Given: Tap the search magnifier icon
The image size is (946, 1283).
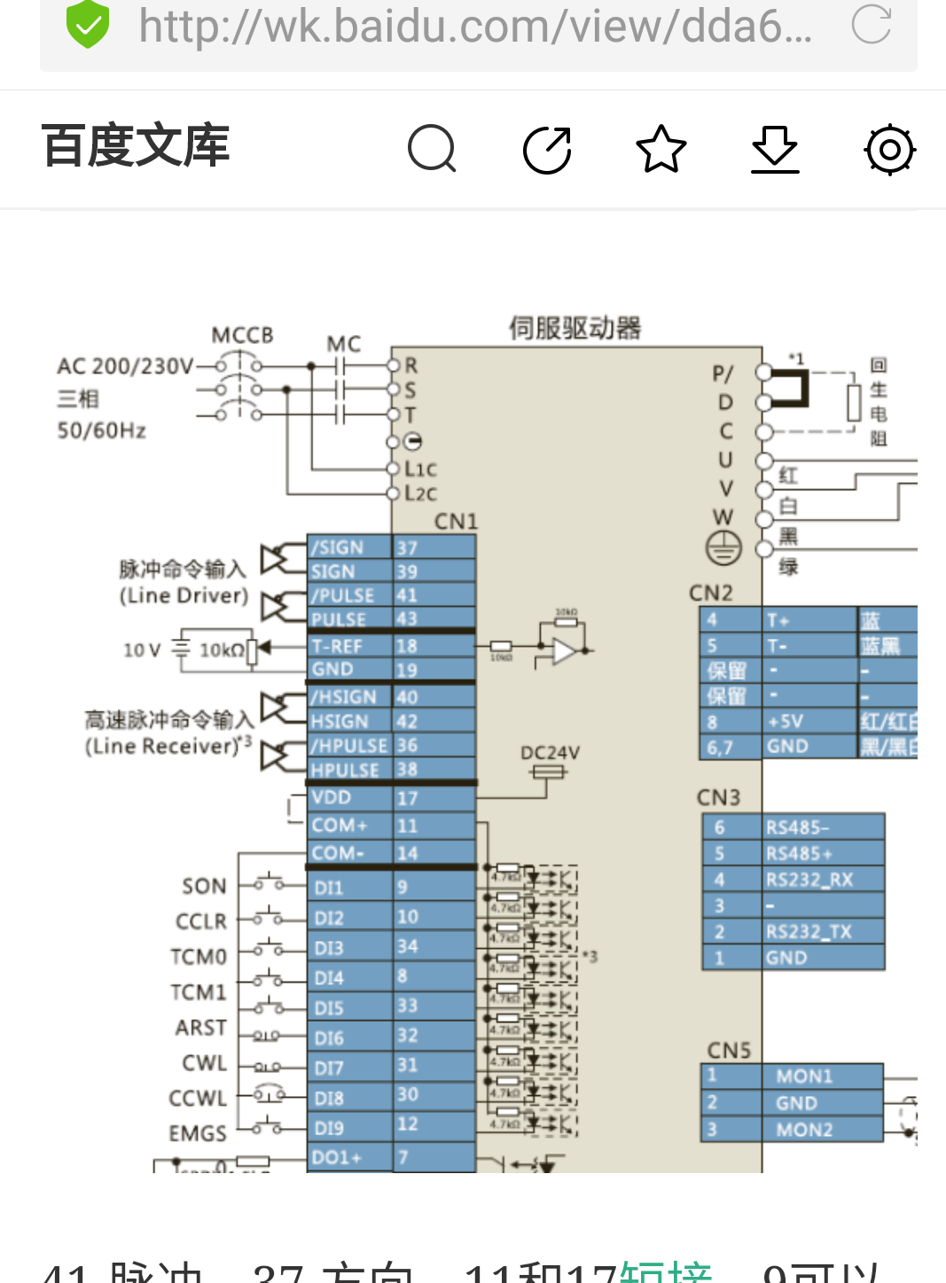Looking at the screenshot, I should click(x=432, y=149).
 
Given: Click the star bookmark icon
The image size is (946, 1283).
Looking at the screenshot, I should click(x=661, y=149).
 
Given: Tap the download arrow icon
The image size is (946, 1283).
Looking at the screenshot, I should click(x=775, y=149).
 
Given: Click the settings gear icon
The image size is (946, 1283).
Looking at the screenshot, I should click(x=889, y=150).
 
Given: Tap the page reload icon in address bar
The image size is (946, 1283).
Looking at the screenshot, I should click(x=871, y=24).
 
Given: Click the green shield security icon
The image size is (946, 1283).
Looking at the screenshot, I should click(x=88, y=24).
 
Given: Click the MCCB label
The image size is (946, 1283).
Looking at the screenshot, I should click(x=242, y=336).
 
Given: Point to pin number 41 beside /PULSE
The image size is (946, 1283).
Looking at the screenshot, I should click(x=407, y=595).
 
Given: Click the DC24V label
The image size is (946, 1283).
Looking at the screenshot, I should click(x=550, y=753).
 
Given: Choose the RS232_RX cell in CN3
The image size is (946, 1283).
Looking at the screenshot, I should click(x=809, y=880).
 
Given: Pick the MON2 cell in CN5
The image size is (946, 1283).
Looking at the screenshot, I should click(x=804, y=1130).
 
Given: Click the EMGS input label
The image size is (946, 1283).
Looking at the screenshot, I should click(x=198, y=1133).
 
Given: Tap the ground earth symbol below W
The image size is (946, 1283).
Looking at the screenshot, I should click(x=723, y=548).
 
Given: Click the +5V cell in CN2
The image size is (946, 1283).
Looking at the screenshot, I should click(x=786, y=721).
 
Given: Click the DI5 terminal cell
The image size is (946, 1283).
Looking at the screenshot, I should click(x=330, y=1008).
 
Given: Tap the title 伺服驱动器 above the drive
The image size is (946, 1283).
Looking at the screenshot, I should click(x=575, y=329).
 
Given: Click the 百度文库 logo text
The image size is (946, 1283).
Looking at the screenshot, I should click(x=136, y=146).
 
